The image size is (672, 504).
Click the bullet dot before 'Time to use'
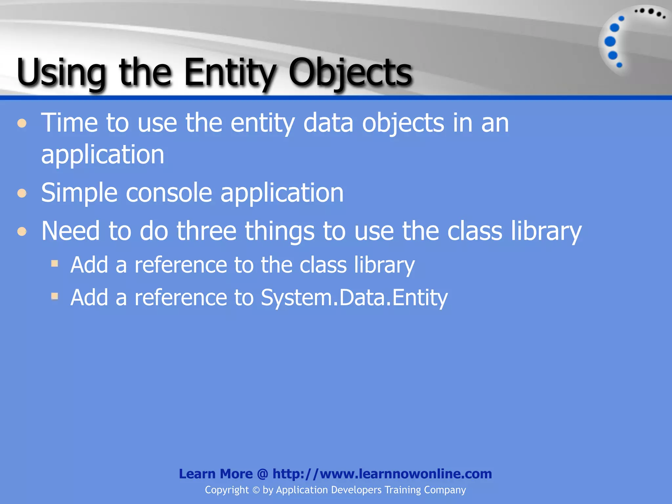click(22, 123)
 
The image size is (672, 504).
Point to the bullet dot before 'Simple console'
click(22, 193)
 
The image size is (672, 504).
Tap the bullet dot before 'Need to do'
click(22, 231)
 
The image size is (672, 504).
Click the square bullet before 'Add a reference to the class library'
click(55, 263)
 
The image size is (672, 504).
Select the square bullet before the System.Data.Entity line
click(55, 296)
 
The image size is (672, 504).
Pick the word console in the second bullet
click(169, 193)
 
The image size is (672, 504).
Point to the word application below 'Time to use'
click(103, 154)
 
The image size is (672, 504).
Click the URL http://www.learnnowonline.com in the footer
click(382, 474)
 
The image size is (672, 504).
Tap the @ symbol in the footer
click(262, 474)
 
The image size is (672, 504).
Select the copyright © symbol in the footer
click(256, 490)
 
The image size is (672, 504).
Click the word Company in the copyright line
click(445, 490)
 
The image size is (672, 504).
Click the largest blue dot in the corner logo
click(610, 42)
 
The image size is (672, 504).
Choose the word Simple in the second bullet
click(79, 193)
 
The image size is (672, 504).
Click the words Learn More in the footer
click(216, 474)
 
